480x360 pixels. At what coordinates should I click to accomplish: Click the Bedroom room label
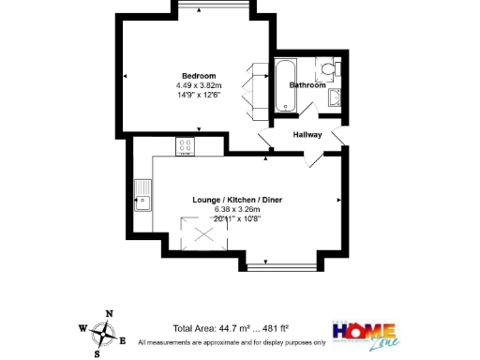tap(199, 76)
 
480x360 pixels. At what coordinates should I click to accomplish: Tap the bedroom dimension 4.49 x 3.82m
tap(199, 85)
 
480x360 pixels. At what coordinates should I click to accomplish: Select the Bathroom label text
tap(307, 85)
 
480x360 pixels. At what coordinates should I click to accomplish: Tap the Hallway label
tap(307, 135)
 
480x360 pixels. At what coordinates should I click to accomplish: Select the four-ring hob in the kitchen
tap(186, 146)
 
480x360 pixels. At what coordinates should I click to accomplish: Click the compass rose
tap(106, 332)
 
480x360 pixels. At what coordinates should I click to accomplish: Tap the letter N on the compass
tap(110, 314)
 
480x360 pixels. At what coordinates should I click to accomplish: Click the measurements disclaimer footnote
tap(232, 343)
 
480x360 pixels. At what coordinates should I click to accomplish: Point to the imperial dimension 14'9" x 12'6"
tap(199, 95)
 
